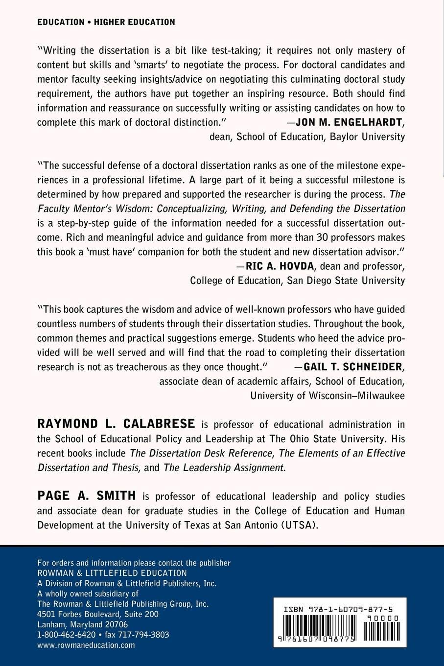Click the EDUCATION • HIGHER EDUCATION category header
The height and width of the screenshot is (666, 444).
(106, 22)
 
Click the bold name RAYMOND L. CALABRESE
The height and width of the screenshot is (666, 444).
(117, 424)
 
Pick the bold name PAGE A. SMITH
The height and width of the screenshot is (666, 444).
(87, 496)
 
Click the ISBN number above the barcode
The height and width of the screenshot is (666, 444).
(338, 609)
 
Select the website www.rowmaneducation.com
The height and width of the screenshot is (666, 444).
(86, 645)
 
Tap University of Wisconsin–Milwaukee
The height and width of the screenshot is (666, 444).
(327, 395)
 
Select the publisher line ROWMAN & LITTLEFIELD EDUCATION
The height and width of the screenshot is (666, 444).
(112, 573)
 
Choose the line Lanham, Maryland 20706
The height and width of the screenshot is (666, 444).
(83, 624)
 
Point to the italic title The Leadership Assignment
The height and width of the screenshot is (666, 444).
(224, 467)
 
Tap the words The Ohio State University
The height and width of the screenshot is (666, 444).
(350, 438)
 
